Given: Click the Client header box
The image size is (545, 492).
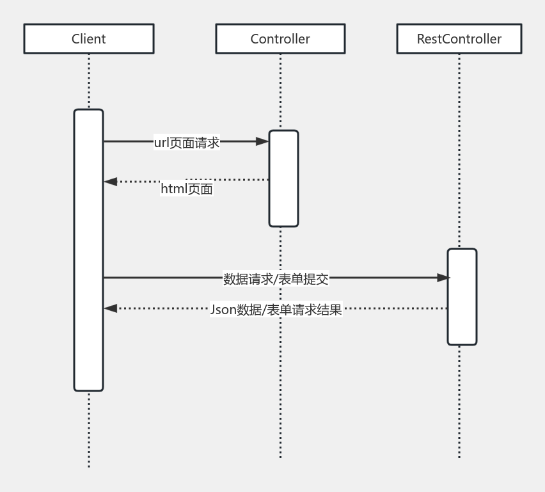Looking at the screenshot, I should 88,39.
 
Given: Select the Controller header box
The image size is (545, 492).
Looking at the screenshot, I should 280,39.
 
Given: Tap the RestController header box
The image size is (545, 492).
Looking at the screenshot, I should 459,39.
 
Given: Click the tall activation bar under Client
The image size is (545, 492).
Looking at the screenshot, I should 88,250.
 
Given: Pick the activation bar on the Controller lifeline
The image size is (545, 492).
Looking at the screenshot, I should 283,179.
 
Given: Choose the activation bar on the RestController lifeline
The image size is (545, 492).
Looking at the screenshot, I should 462,297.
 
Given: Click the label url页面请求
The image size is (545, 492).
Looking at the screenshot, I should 187,143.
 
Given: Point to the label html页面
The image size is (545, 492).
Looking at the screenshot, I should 187,189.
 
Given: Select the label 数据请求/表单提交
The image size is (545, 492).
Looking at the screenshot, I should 276,279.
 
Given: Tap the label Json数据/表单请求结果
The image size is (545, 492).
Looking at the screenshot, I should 276,310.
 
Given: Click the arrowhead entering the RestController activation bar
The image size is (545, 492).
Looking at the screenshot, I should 443,278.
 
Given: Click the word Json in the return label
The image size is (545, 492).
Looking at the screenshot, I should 223,310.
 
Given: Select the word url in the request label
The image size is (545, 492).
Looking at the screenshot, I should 161,143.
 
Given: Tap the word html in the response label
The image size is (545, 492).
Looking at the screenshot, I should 173,189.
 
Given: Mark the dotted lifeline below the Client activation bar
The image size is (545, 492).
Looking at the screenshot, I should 88,429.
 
